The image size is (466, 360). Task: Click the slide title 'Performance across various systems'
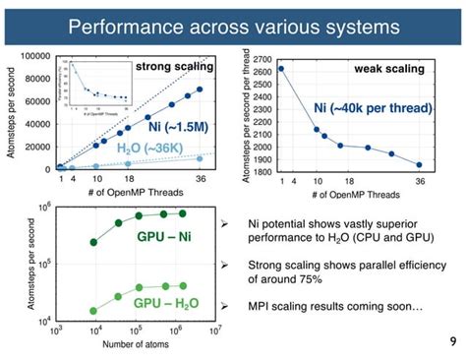click(233, 24)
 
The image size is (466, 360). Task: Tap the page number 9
click(448, 343)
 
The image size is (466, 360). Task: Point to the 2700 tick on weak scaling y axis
click(263, 59)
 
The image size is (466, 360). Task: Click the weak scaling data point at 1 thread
click(280, 69)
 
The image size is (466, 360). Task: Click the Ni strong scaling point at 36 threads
click(200, 89)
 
